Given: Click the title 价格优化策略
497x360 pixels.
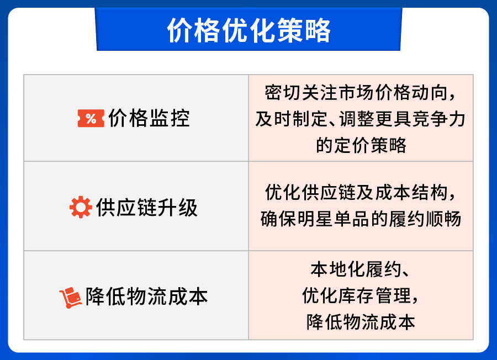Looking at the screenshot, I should (248, 30).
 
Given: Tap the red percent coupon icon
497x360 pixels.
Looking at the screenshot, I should (91, 118).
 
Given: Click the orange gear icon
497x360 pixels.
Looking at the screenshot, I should (80, 208).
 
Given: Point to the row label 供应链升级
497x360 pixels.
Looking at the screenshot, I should (146, 208).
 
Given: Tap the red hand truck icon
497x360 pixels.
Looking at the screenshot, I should (70, 297).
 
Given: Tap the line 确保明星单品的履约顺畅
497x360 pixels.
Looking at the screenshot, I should (360, 219).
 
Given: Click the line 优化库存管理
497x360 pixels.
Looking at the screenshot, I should (360, 296).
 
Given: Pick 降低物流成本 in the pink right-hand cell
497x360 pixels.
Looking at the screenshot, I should (361, 322).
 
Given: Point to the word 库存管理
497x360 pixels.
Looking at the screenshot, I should (374, 296).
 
